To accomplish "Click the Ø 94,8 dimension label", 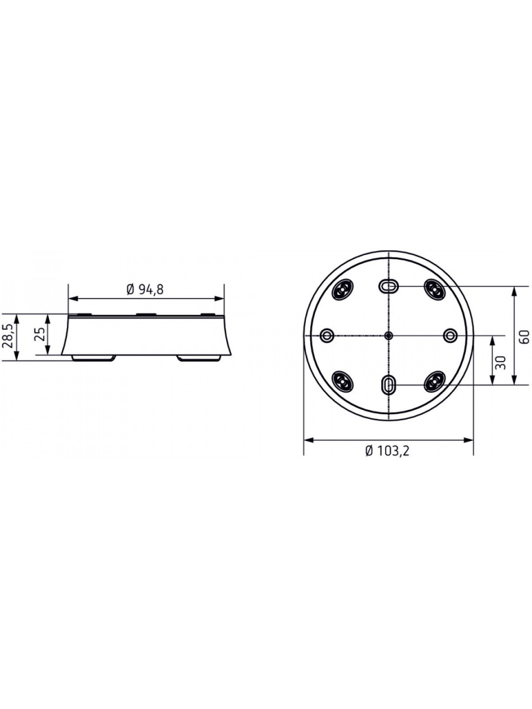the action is (x=145, y=290).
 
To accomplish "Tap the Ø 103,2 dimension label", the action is (x=387, y=450).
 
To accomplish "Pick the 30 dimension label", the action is (x=500, y=362).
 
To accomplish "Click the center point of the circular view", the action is (x=389, y=336).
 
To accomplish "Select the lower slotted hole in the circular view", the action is (x=388, y=385).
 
